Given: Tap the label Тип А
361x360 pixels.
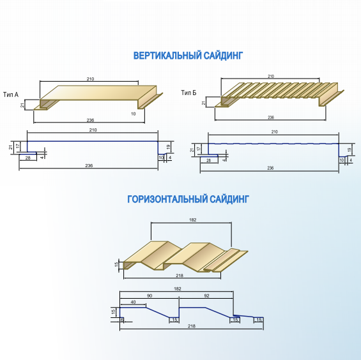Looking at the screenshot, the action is [11, 94].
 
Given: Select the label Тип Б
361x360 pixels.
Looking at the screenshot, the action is [188, 93].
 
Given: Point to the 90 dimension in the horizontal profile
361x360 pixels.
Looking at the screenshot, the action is [150, 296].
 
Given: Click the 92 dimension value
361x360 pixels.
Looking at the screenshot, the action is [206, 296].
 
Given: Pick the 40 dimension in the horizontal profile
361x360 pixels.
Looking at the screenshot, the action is [133, 302].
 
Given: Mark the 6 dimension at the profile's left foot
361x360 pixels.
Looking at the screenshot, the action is [122, 320].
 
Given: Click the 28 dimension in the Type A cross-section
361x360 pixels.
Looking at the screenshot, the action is [27, 158].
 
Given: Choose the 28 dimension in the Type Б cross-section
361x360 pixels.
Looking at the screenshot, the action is [208, 160].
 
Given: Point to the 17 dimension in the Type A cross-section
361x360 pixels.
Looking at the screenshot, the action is [18, 146].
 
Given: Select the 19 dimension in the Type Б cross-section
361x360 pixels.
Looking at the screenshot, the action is [349, 149].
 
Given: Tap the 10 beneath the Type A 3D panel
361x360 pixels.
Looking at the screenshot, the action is [134, 114].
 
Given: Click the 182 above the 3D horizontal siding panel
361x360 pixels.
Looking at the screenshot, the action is [193, 220].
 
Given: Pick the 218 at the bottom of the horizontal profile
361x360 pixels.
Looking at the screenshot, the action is [192, 326].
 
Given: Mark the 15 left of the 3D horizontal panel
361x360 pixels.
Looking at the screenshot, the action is [117, 264].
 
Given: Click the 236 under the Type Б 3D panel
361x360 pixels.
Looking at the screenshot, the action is [271, 117].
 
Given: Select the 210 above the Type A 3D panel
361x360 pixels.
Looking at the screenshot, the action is [90, 79].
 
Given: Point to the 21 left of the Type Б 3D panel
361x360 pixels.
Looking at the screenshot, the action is [204, 103].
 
